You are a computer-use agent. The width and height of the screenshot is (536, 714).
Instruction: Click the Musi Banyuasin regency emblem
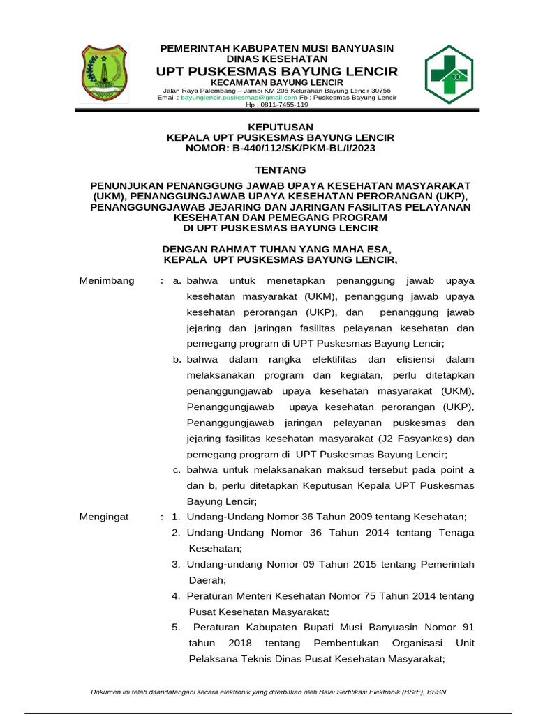pyautogui.click(x=105, y=73)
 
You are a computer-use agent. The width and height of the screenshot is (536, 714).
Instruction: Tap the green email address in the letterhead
pyautogui.click(x=228, y=98)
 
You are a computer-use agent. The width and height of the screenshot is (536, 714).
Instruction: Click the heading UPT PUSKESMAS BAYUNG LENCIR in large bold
pyautogui.click(x=277, y=72)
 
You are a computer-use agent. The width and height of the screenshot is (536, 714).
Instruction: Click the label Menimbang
pyautogui.click(x=106, y=280)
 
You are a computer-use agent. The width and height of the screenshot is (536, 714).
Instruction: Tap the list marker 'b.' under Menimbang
pyautogui.click(x=177, y=359)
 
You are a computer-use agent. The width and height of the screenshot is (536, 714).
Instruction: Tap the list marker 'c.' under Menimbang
pyautogui.click(x=177, y=469)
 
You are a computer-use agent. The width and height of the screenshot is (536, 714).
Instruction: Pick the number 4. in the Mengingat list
pyautogui.click(x=177, y=595)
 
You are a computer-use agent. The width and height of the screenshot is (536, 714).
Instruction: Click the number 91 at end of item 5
pyautogui.click(x=468, y=627)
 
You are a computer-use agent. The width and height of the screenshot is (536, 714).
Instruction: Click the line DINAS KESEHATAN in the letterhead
pyautogui.click(x=277, y=59)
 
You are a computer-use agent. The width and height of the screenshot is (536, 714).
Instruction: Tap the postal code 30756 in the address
pyautogui.click(x=378, y=91)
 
